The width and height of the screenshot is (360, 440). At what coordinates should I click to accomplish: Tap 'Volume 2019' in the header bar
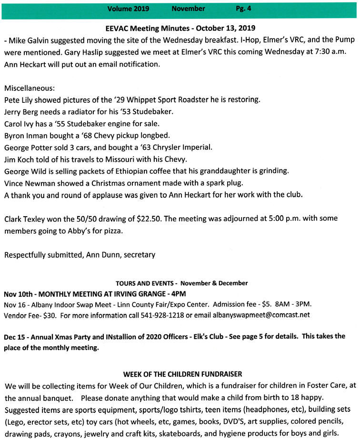point(128,9)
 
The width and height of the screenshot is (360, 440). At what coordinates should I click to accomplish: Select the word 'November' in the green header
point(188,9)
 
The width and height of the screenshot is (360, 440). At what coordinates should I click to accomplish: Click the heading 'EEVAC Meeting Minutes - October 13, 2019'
point(180,28)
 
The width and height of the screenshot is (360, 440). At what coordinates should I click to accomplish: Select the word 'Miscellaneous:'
point(29,88)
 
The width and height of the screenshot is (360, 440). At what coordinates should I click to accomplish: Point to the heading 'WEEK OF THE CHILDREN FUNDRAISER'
point(180,373)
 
